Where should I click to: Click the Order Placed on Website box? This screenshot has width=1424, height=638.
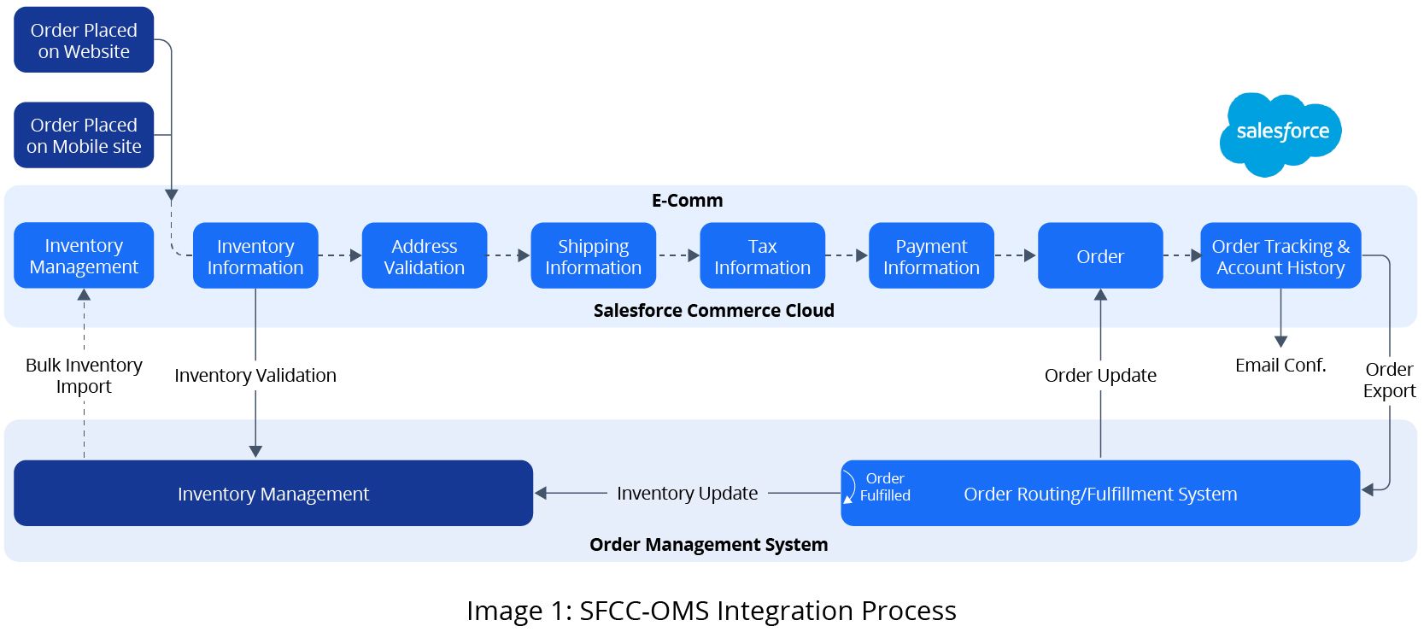[84, 40]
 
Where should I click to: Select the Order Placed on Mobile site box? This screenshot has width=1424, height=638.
[84, 135]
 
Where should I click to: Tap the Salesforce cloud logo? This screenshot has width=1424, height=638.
[1280, 133]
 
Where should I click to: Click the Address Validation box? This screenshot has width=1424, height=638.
[425, 256]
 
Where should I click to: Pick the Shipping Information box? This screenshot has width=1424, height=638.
[593, 256]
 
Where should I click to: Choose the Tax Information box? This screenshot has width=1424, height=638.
[762, 256]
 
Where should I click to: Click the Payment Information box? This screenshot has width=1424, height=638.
[931, 256]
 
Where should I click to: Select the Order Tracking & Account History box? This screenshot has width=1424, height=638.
[1280, 256]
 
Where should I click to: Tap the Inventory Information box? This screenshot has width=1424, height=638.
[255, 256]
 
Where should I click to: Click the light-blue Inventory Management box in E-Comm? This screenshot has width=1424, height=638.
[84, 255]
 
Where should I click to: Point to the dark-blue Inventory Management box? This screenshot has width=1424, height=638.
[273, 494]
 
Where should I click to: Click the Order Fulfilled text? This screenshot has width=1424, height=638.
[884, 487]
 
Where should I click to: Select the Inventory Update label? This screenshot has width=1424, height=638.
[687, 493]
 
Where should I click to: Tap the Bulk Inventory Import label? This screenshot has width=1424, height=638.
[84, 376]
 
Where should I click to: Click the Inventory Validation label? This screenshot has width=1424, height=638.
[255, 375]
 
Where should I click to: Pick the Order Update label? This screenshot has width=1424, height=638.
[1100, 375]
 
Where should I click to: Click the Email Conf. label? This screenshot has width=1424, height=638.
[1280, 366]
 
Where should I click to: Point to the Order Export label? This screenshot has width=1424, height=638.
[1389, 380]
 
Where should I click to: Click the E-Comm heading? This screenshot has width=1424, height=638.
[687, 201]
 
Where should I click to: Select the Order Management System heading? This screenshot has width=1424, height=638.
[708, 545]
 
